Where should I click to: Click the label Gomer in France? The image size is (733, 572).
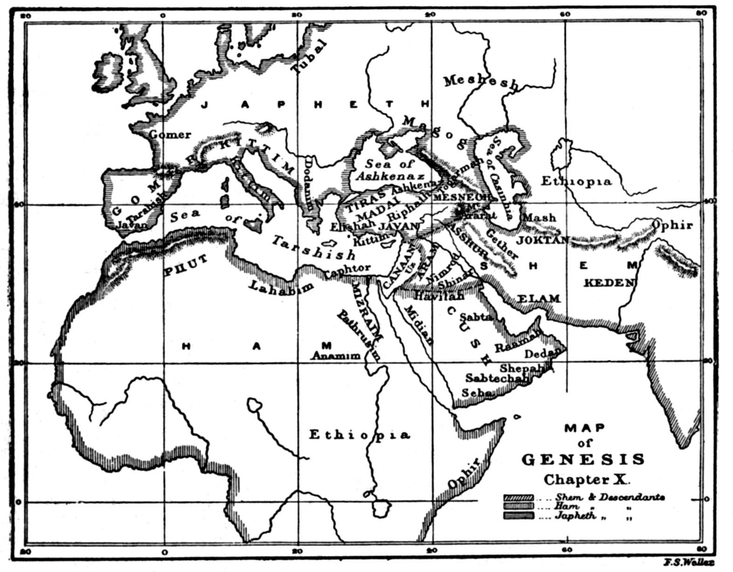pyautogui.click(x=170, y=135)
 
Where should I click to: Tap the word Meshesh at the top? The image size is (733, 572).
pyautogui.click(x=480, y=83)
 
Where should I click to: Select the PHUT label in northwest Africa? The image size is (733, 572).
pyautogui.click(x=185, y=270)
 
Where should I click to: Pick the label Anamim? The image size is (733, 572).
pyautogui.click(x=336, y=356)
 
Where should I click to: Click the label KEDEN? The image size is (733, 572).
pyautogui.click(x=609, y=283)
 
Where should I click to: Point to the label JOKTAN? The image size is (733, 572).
pyautogui.click(x=543, y=240)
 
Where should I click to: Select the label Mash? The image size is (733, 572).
pyautogui.click(x=539, y=218)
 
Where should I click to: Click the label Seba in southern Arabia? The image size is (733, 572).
pyautogui.click(x=476, y=393)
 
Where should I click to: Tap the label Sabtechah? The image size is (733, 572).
pyautogui.click(x=497, y=378)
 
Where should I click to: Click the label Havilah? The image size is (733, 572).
pyautogui.click(x=439, y=296)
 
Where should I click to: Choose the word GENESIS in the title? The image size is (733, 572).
pyautogui.click(x=583, y=460)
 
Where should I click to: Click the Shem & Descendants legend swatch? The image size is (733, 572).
pyautogui.click(x=518, y=497)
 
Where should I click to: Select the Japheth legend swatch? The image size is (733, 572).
pyautogui.click(x=518, y=516)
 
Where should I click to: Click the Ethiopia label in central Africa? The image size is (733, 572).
pyautogui.click(x=360, y=435)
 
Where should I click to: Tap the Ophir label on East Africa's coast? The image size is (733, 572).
pyautogui.click(x=463, y=474)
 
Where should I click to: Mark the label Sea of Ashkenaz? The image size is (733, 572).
pyautogui.click(x=390, y=170)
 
